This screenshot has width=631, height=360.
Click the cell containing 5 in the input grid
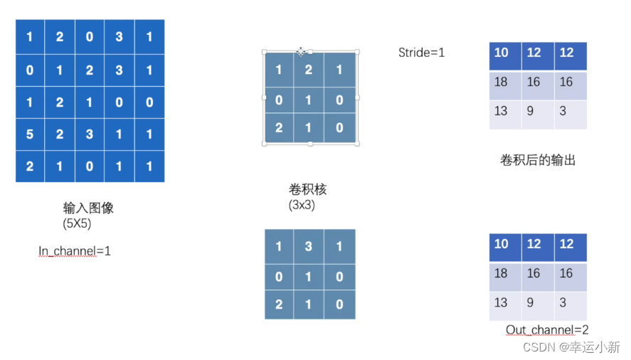coord(29,134)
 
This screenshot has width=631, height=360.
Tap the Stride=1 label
coord(421,52)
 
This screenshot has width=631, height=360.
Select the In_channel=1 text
coord(75,251)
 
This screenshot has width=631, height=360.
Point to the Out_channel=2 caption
coord(547,329)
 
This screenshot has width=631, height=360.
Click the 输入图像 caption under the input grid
coord(88,208)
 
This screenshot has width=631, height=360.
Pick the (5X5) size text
coord(77,223)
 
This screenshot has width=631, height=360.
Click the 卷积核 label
coord(308,190)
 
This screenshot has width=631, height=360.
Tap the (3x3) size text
coord(302,205)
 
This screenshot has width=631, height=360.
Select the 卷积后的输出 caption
coord(538,160)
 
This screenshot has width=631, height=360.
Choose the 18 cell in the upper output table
coord(501,83)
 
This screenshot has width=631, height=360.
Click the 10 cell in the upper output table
coord(501,53)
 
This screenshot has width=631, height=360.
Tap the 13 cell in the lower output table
coord(501,302)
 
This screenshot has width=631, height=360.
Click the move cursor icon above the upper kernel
coord(301,51)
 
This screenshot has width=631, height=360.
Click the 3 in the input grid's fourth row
coord(89,134)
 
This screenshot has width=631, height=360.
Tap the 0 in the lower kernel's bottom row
coord(339,304)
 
